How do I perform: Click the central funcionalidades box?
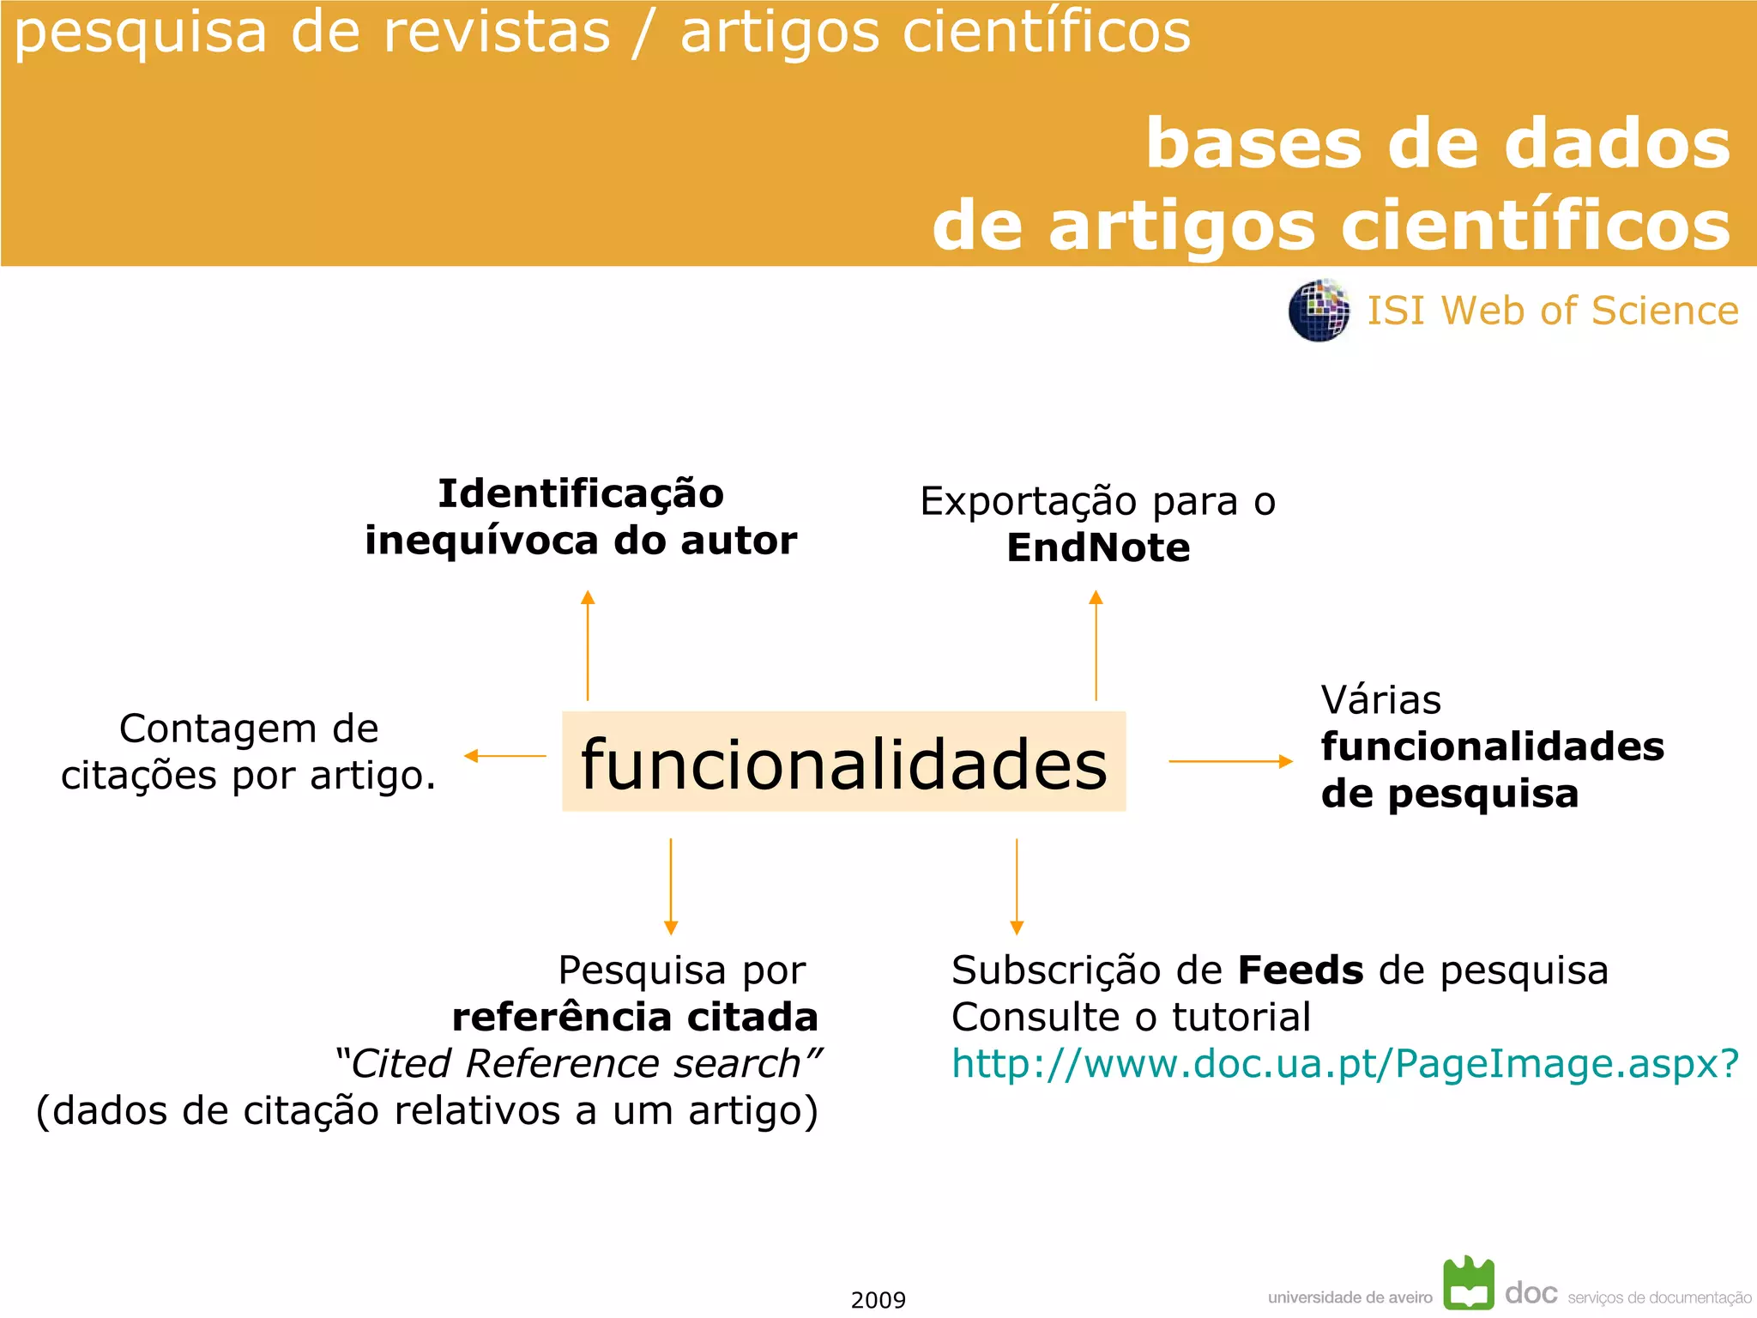(843, 762)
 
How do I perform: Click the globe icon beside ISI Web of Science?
(1319, 311)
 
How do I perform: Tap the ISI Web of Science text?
(1552, 311)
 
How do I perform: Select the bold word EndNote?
(1098, 548)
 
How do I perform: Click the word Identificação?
(581, 493)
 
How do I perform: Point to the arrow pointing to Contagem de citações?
(504, 756)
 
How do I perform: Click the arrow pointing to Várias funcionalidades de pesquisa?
(1230, 761)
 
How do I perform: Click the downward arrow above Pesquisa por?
(671, 886)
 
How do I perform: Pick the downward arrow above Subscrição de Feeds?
(1017, 886)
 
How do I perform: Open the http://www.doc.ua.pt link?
(1344, 1064)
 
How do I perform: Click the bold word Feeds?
(1300, 970)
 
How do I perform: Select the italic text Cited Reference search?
(577, 1064)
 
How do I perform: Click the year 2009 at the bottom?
(878, 1300)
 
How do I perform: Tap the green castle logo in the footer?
(1469, 1284)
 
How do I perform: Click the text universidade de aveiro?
(1349, 1297)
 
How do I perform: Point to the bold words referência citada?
(635, 1018)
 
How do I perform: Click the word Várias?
(1380, 700)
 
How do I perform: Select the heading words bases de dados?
(1438, 143)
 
